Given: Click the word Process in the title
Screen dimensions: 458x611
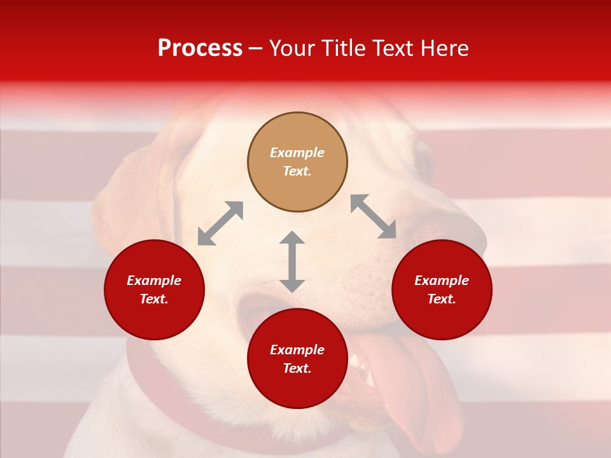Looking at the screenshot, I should coord(200,48).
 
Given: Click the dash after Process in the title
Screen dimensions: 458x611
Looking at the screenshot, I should coord(256,49).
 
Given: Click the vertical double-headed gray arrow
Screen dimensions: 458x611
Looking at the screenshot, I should coord(292,261).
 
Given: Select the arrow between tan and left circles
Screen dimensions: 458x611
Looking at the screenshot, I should coord(220,223).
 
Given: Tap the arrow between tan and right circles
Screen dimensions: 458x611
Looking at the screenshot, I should coord(374,216).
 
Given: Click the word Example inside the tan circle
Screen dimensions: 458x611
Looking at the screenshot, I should coord(297,153).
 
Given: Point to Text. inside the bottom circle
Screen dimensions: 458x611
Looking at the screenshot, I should coord(297,368).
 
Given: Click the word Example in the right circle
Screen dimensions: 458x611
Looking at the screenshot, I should coord(442,281).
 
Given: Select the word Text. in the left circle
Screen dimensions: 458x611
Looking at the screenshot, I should coord(154,299).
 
